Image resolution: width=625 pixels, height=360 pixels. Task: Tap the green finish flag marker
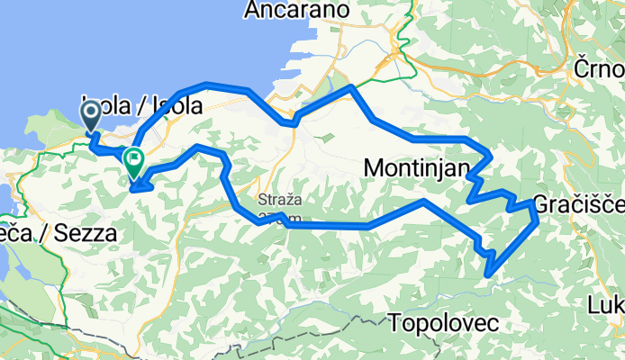(133, 160)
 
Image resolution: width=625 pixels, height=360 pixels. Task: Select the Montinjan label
(417, 167)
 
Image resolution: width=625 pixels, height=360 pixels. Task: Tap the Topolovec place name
(441, 321)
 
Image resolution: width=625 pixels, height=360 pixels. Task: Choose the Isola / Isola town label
(142, 103)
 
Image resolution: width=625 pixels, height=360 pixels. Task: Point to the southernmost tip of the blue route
(488, 273)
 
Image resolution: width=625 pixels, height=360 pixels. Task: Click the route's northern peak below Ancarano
(351, 87)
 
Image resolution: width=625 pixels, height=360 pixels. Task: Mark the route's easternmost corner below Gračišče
(537, 218)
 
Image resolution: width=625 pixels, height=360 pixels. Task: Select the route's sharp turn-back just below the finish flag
(135, 189)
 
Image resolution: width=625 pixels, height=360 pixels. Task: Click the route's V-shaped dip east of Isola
(290, 121)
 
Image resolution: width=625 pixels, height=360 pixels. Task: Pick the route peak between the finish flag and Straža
(196, 147)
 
